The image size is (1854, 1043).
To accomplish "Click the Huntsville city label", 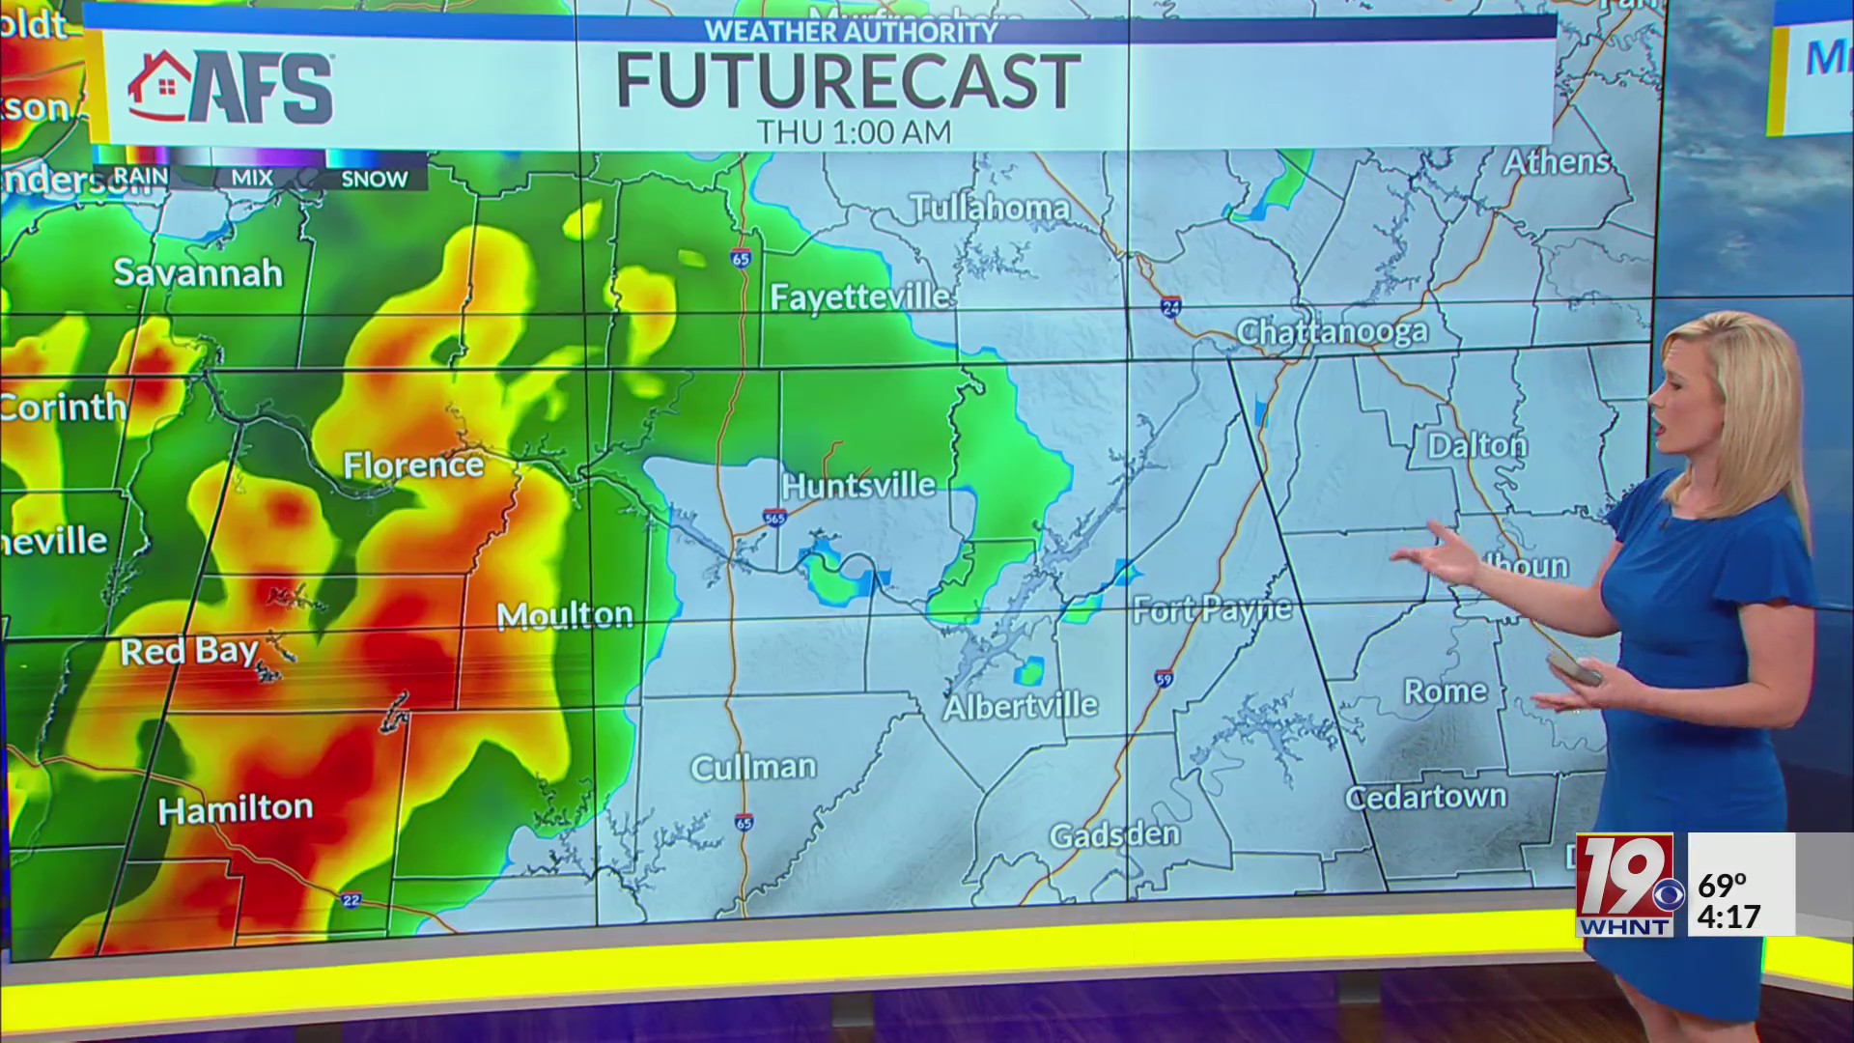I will coord(858,485).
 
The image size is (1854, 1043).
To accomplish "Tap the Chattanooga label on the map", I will coord(1332,332).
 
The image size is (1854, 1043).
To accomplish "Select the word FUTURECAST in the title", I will coord(848,81).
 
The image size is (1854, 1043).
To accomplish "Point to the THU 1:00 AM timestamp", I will coord(854,132).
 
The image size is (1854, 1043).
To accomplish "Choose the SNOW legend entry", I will coord(374,179).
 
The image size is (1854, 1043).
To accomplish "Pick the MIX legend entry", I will coord(251,178).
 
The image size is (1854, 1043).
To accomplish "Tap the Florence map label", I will coord(413,465).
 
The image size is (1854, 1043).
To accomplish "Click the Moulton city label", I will coord(565,615).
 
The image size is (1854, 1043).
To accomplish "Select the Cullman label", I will coord(753,768).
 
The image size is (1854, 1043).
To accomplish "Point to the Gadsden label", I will coord(1114,834).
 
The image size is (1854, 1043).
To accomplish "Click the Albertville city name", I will coord(1021,706).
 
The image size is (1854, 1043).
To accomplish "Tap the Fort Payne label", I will coord(1212,609).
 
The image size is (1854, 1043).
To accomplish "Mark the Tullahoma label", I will coord(990,208).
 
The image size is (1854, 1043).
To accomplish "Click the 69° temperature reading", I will coord(1723,885).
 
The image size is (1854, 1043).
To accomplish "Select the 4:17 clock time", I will coord(1728,916).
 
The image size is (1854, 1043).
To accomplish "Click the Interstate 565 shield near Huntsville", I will coord(774,518).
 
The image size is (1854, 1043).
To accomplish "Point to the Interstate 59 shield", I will coord(1164,679).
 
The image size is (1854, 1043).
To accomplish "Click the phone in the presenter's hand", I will coord(1573,667).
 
